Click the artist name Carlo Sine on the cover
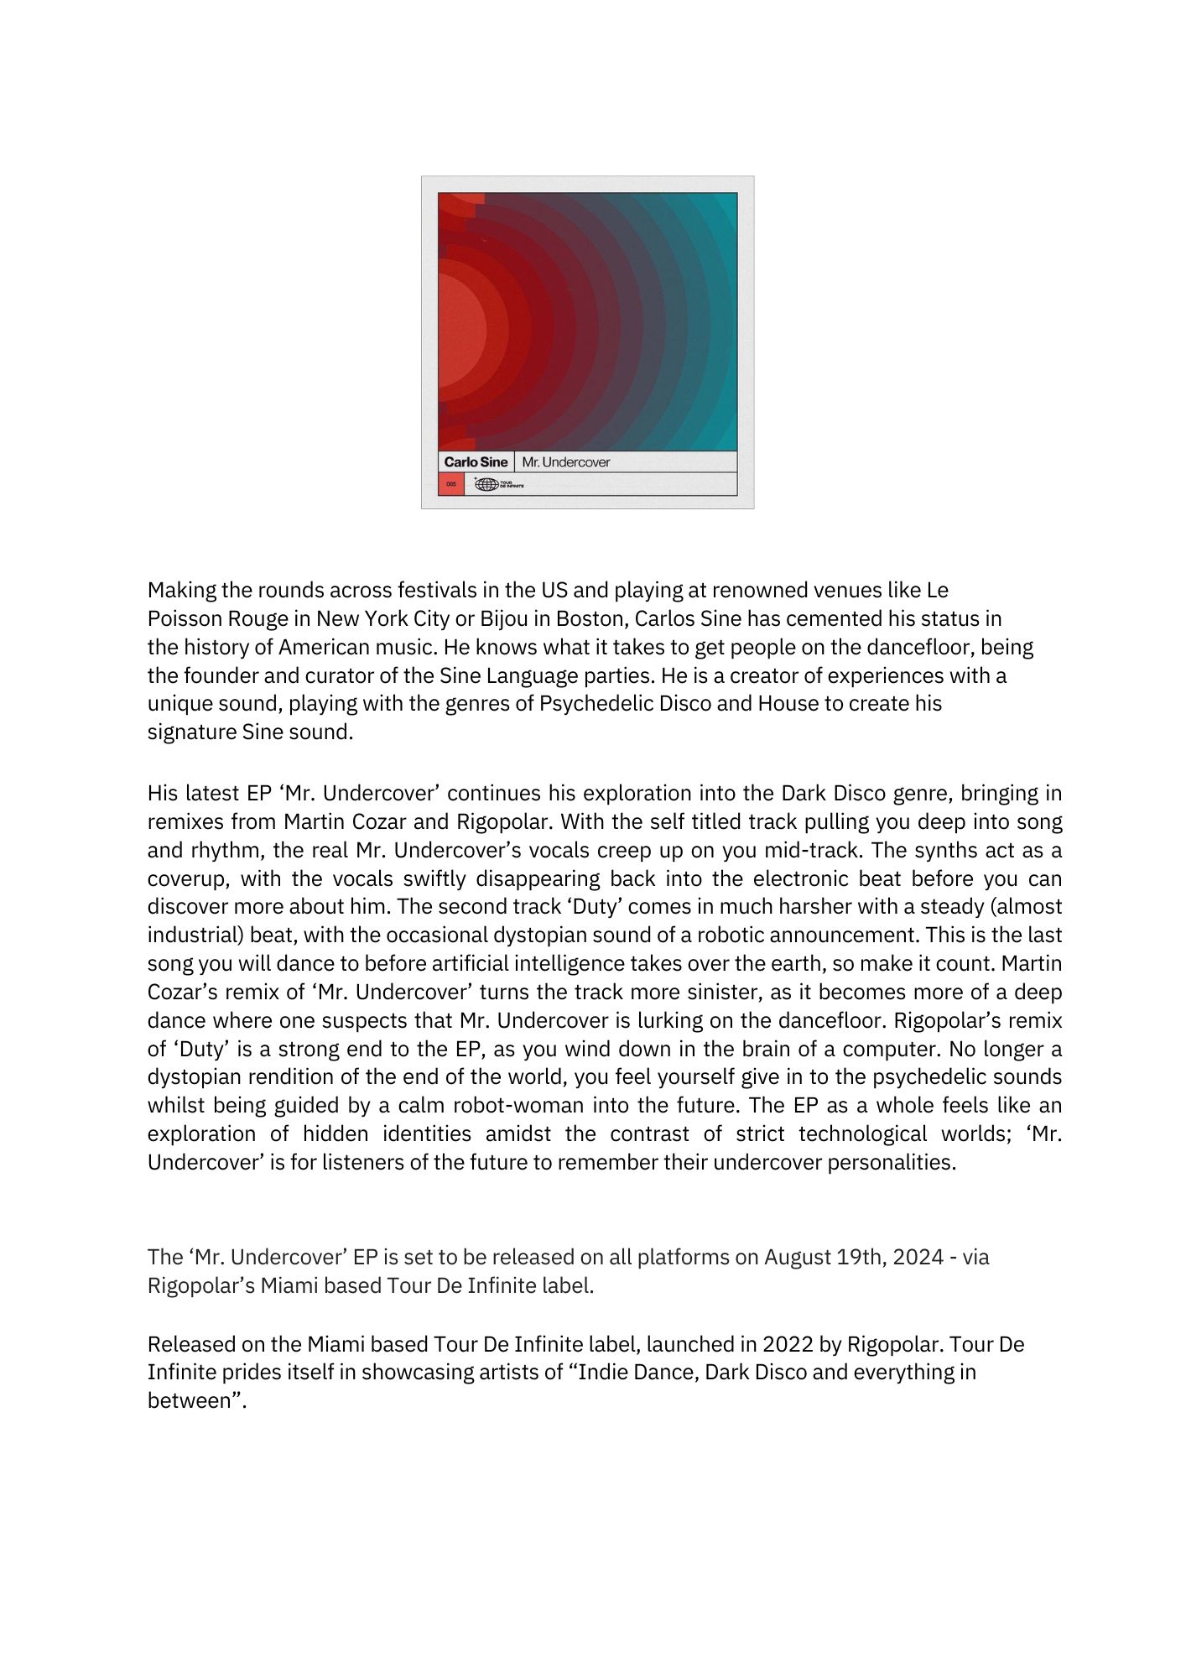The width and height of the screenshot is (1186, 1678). click(x=476, y=462)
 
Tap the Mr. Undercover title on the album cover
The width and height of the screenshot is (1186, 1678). click(x=566, y=462)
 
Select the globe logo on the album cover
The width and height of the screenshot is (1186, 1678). click(x=486, y=484)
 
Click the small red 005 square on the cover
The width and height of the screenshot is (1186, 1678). click(x=451, y=484)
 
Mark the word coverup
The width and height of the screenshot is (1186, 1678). click(x=186, y=879)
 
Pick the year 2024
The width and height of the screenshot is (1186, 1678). click(x=918, y=1258)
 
